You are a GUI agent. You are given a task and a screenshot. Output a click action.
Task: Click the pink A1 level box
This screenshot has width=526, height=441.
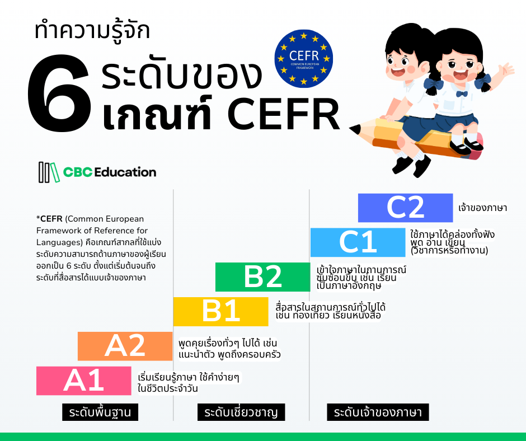83,381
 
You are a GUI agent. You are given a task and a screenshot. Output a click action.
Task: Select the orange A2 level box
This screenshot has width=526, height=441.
125,346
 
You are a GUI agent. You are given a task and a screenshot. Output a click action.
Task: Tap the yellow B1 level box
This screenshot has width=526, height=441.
220,312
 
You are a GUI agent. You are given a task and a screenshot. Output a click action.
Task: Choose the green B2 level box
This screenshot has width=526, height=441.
262,277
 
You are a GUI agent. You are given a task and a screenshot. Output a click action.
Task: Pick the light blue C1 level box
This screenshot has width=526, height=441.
358,242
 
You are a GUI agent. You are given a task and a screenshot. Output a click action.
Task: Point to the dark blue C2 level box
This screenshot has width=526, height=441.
405,208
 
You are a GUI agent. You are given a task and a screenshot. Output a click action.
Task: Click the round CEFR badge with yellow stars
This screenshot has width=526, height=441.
304,58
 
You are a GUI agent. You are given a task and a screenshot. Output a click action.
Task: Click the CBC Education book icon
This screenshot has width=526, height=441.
48,172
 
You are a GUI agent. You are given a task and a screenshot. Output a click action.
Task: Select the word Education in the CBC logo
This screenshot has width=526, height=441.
125,172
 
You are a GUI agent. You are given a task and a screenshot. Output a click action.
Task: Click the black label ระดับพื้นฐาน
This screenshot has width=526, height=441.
100,413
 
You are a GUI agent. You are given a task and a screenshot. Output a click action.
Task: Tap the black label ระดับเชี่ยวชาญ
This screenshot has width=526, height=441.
241,413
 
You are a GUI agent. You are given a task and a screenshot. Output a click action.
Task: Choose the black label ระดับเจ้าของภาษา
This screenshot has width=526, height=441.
378,413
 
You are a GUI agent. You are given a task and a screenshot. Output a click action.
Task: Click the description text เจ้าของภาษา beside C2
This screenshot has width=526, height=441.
482,208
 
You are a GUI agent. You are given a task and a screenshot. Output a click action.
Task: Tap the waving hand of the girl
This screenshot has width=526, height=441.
506,70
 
